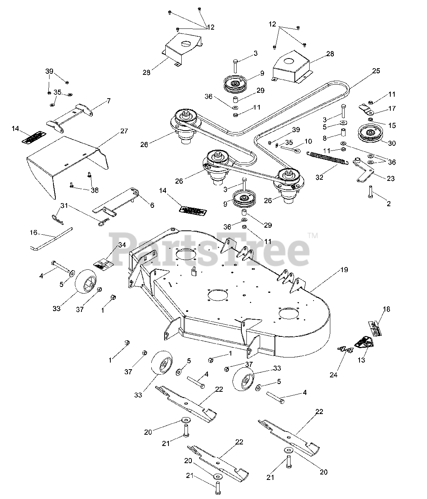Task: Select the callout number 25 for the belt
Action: coord(376,71)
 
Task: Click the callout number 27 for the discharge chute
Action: coord(124,131)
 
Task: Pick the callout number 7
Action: coord(108,101)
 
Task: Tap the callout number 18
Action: coord(386,309)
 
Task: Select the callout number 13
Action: coord(361,360)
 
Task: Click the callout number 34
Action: coord(122,245)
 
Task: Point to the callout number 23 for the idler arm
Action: coord(390,179)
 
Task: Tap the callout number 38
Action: coord(94,190)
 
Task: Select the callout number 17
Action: coord(392,108)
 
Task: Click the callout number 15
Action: coord(392,125)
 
